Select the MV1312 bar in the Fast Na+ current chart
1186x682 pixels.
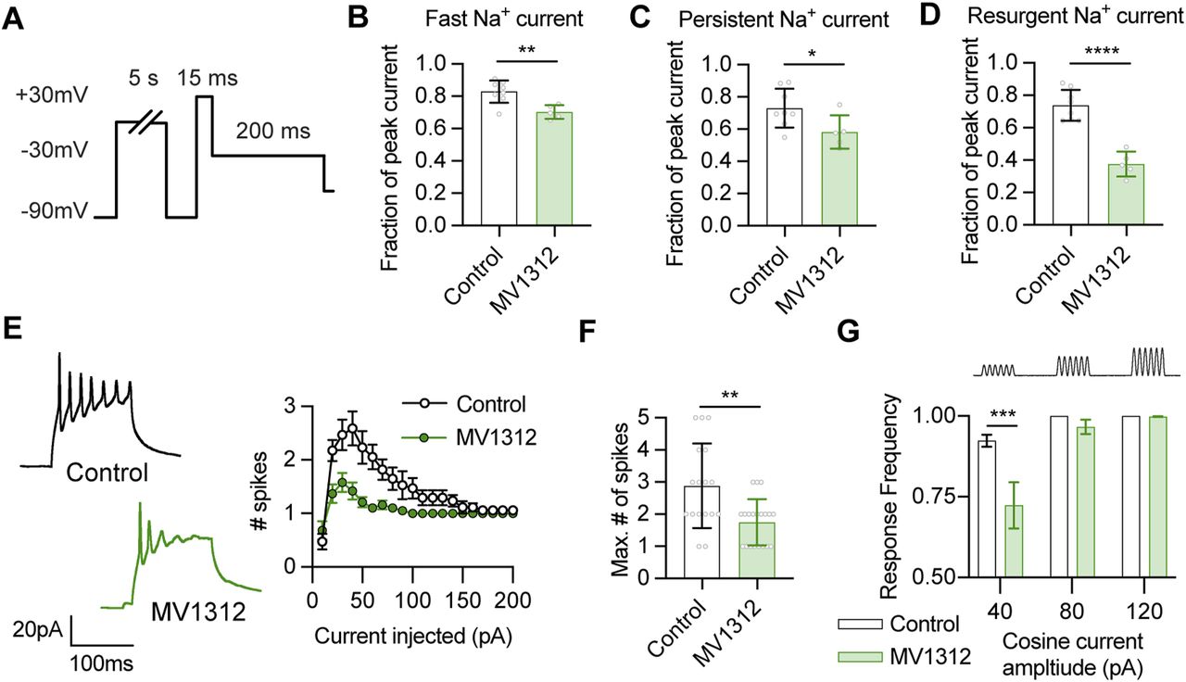tap(554, 169)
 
